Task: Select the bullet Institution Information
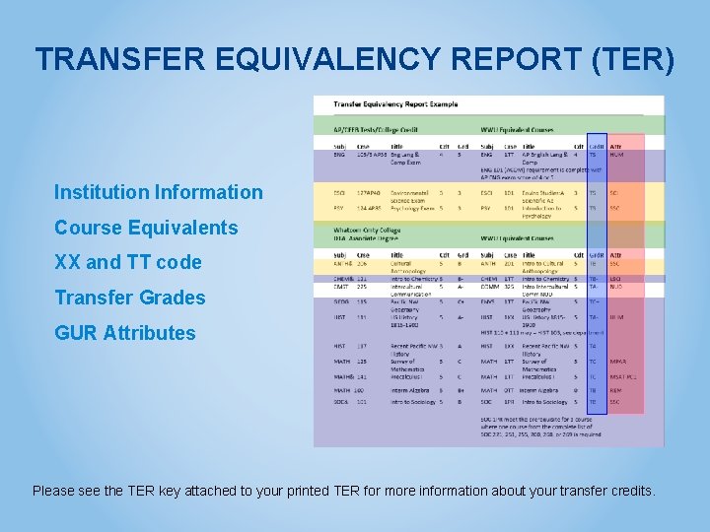(x=159, y=192)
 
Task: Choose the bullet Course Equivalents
(x=146, y=228)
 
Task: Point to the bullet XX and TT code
(x=128, y=262)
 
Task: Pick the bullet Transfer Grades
(x=130, y=298)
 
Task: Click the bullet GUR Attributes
(x=125, y=333)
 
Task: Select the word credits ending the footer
(x=630, y=491)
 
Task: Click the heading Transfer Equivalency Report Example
(x=395, y=104)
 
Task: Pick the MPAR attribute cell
(x=618, y=362)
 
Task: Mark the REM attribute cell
(x=615, y=390)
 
